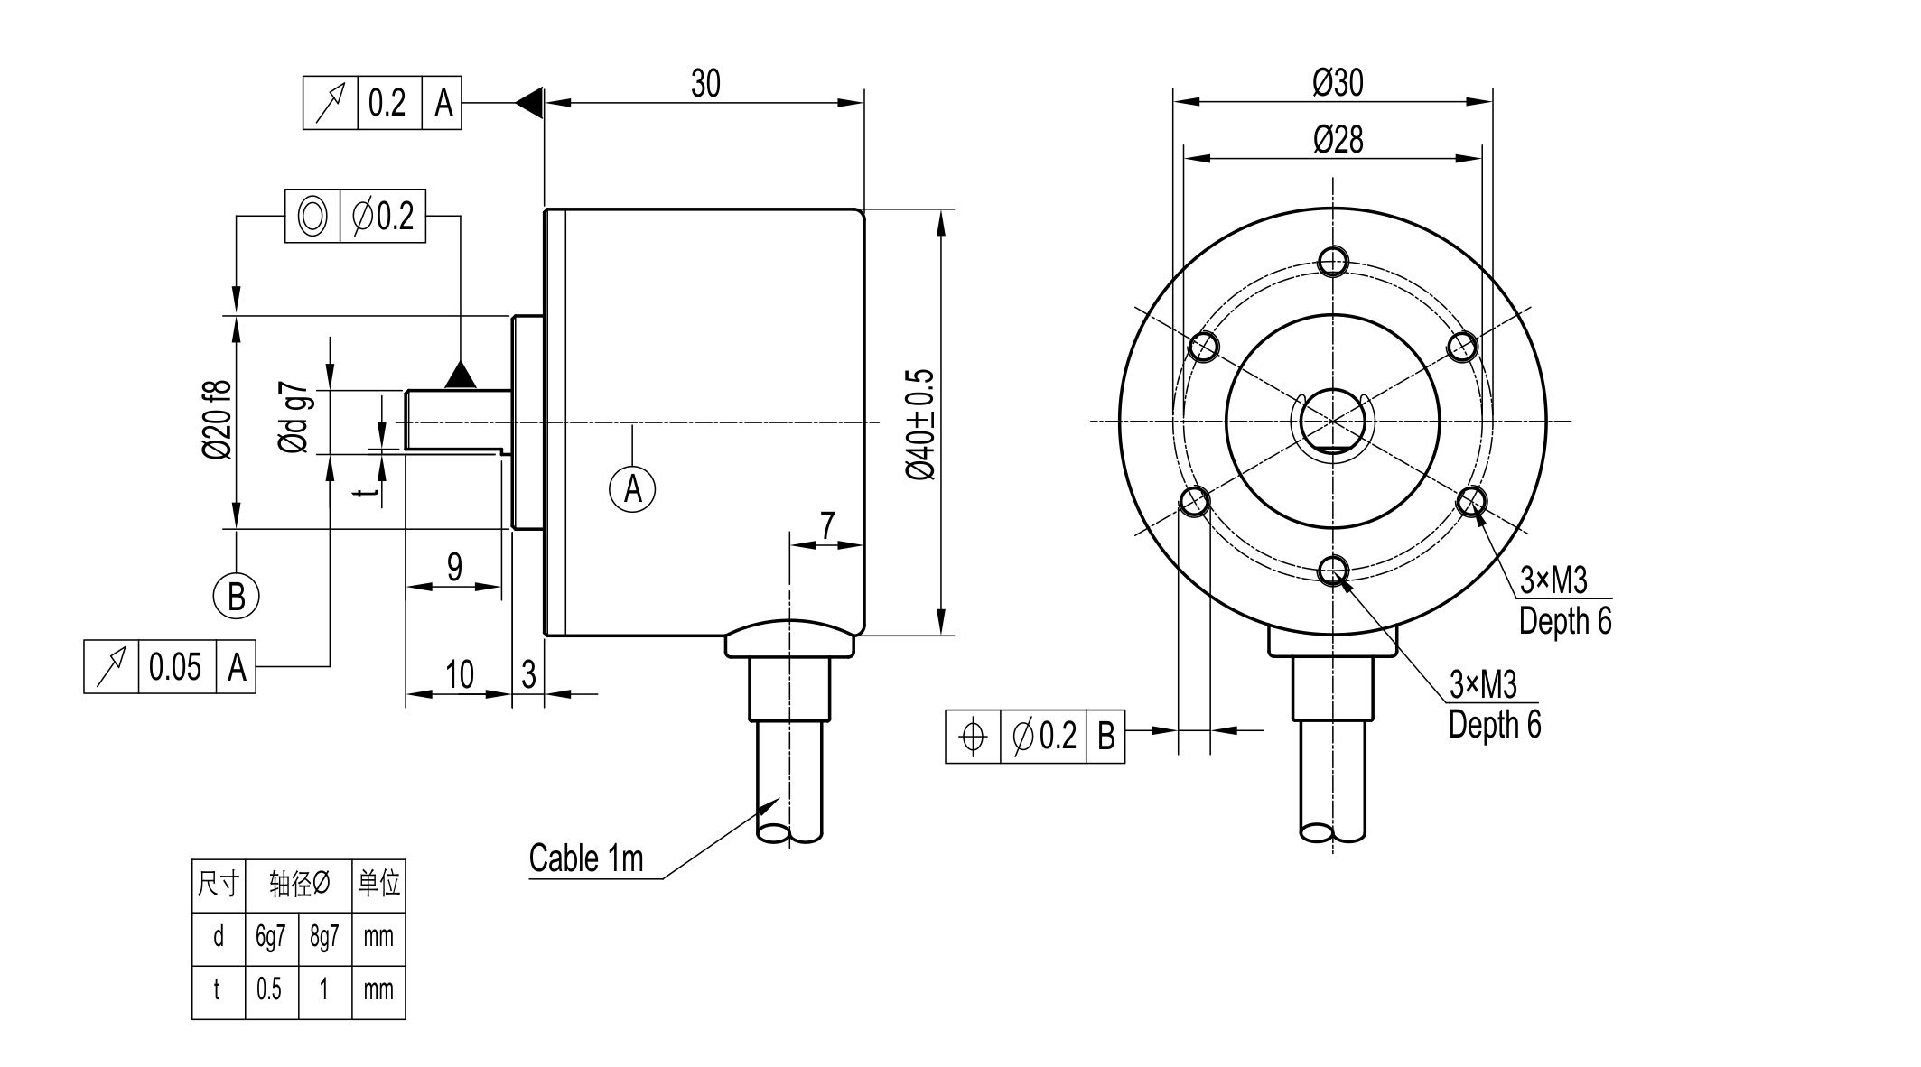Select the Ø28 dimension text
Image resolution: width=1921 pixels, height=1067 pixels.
click(x=1338, y=140)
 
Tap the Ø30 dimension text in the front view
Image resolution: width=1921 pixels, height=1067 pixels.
click(x=1338, y=83)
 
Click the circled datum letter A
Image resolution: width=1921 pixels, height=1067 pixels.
click(x=632, y=488)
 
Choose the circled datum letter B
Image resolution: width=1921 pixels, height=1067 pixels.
click(x=236, y=596)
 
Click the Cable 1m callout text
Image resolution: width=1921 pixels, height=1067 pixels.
click(x=586, y=858)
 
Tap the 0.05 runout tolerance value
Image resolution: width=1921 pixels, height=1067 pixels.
click(x=175, y=667)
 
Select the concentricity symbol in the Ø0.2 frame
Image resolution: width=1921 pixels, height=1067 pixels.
click(x=312, y=216)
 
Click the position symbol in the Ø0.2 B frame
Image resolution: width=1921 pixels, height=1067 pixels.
click(x=973, y=737)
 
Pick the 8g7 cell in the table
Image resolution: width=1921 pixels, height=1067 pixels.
click(x=324, y=937)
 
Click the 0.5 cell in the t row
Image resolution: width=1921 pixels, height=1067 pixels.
click(x=269, y=990)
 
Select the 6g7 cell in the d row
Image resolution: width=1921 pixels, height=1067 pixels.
click(x=270, y=937)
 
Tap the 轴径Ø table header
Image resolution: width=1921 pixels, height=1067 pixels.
click(x=298, y=885)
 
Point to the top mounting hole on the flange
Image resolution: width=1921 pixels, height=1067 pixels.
click(x=1333, y=262)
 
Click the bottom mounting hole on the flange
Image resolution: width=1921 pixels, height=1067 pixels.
click(x=1333, y=571)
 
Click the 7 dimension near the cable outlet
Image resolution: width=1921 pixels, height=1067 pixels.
click(x=827, y=524)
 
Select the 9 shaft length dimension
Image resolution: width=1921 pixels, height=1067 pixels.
click(x=454, y=567)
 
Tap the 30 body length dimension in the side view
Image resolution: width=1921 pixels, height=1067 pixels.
click(x=705, y=83)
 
